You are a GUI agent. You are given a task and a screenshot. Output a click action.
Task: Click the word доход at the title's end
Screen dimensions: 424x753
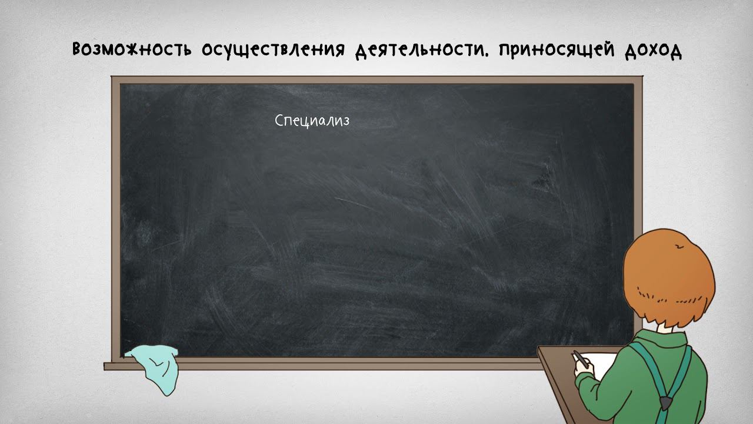coord(651,50)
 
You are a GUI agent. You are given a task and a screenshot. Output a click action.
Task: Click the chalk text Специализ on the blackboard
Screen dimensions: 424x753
coord(312,121)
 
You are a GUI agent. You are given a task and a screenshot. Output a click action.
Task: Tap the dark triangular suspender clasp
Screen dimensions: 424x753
coord(666,403)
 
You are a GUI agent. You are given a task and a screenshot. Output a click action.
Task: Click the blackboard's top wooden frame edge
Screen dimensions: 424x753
coord(376,79)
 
